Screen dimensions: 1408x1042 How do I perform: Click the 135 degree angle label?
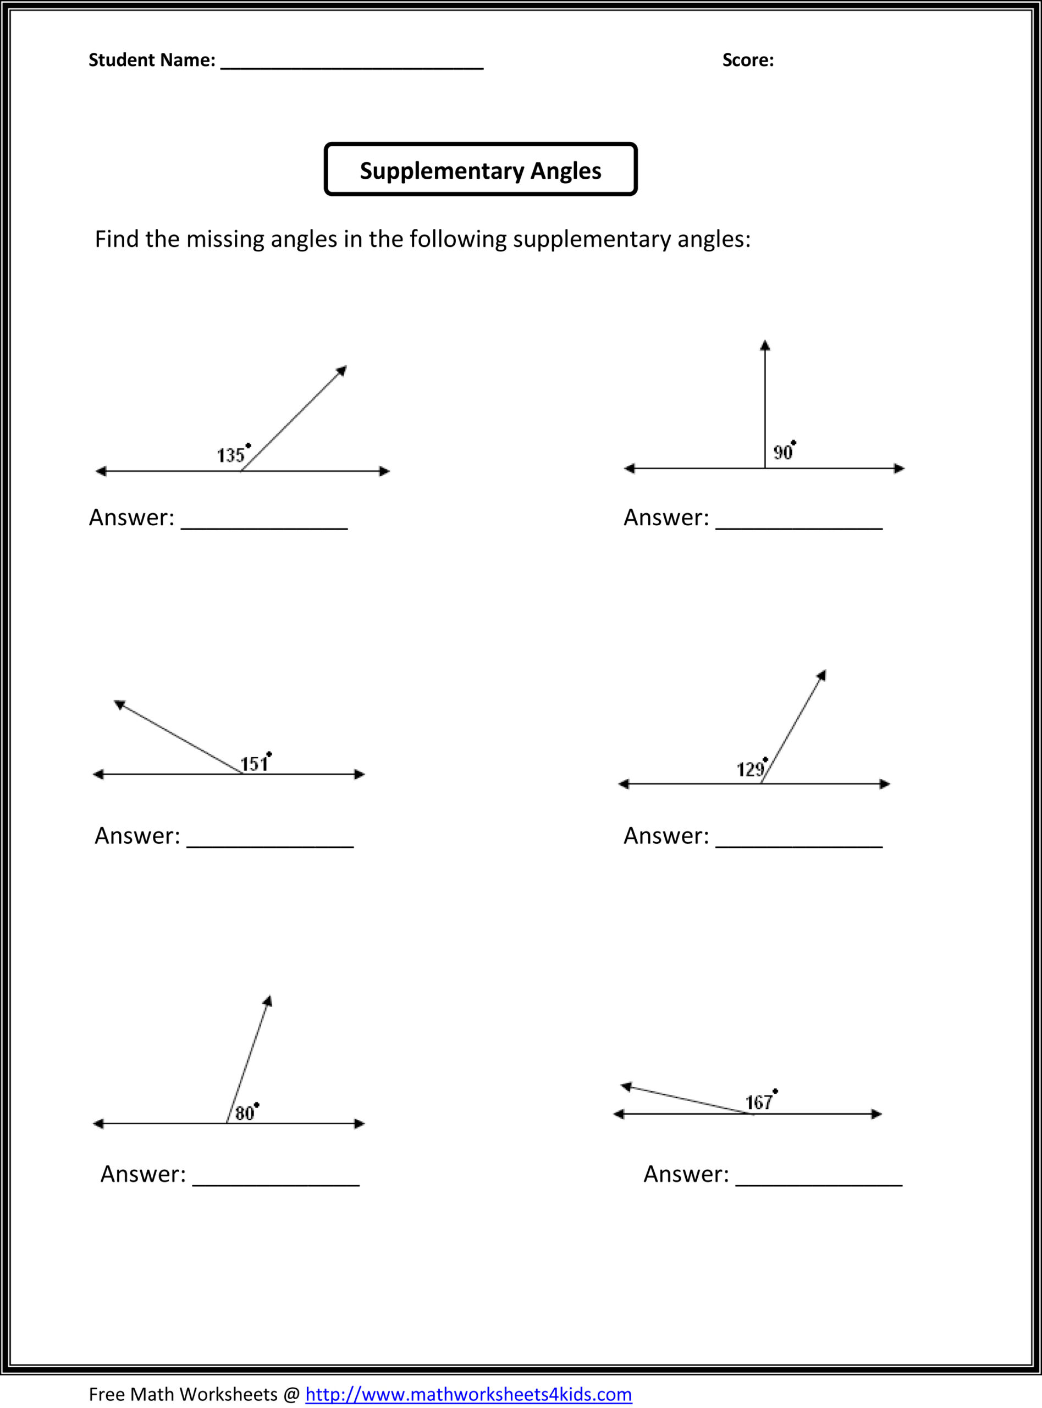231,455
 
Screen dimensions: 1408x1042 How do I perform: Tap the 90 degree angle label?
783,452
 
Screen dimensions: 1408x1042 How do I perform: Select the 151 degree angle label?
254,764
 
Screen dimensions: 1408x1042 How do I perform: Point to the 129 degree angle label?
751,769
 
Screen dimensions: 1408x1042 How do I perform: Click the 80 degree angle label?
245,1113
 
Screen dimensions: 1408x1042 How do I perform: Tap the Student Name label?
151,60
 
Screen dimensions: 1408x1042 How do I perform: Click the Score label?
747,60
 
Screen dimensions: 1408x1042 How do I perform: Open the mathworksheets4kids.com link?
468,1394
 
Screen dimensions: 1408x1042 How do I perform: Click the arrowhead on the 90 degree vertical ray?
765,345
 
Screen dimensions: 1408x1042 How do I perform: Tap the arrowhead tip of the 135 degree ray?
343,370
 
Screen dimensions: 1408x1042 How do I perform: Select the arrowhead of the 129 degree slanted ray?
823,675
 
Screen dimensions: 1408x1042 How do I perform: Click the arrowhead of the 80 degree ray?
268,1001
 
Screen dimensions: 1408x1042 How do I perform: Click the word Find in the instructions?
117,239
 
